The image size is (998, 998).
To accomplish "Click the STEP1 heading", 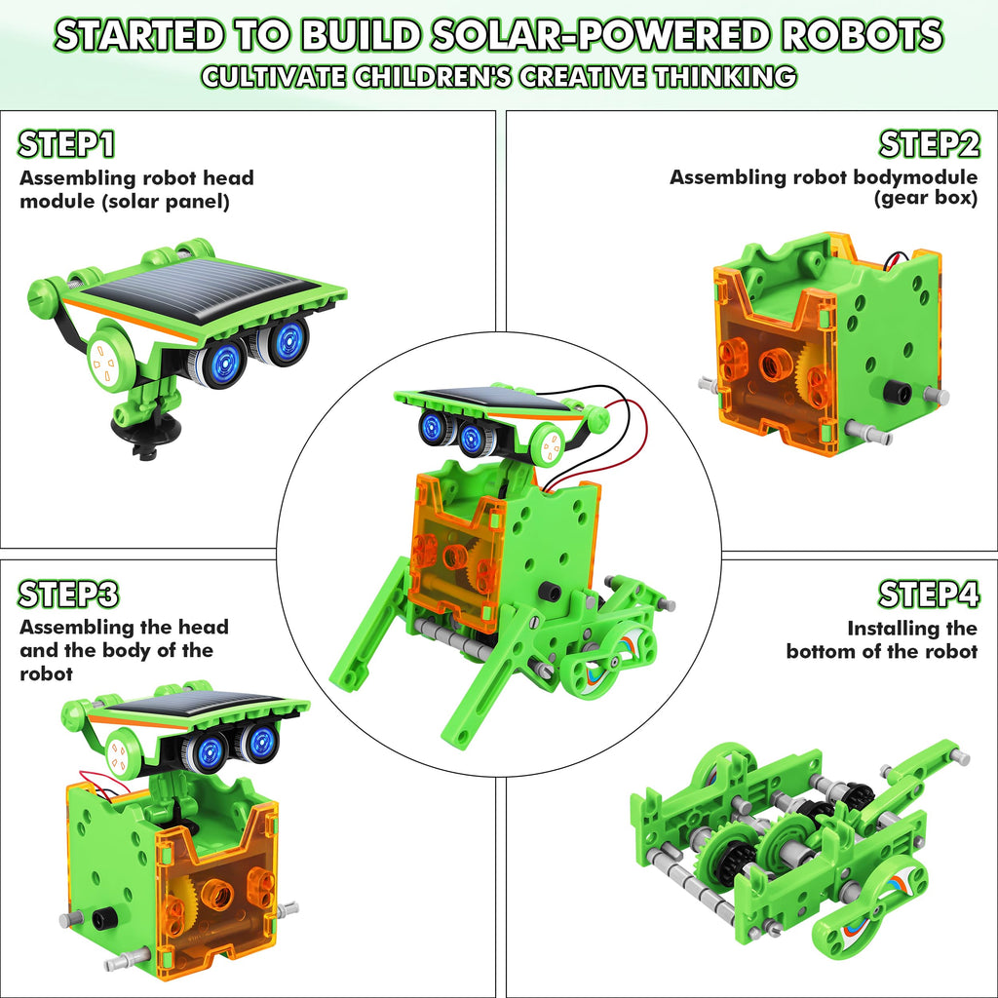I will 67,144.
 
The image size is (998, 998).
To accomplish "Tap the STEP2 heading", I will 929,144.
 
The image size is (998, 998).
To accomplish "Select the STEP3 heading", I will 69,594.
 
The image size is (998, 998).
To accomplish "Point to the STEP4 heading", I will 928,594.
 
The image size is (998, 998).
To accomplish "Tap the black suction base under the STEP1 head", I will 141,426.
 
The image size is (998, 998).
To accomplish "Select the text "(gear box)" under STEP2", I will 925,199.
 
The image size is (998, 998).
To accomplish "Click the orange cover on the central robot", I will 453,551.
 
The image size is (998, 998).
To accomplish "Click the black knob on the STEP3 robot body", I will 99,919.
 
